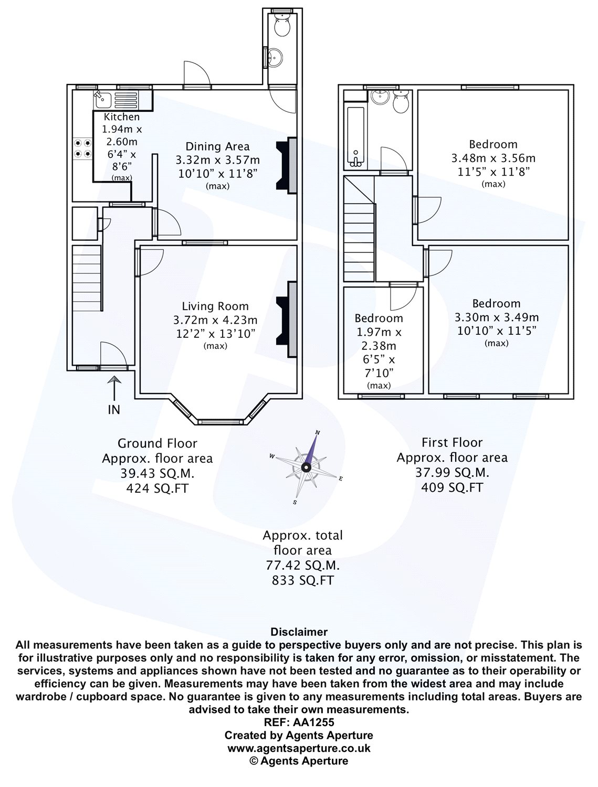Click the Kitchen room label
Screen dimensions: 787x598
pyautogui.click(x=122, y=117)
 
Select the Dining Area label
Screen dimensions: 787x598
pyautogui.click(x=217, y=146)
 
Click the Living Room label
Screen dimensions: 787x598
pyautogui.click(x=215, y=306)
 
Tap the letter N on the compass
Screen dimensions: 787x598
pyautogui.click(x=317, y=433)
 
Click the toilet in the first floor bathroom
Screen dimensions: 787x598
pyautogui.click(x=402, y=101)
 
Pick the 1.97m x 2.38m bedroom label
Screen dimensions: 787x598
pyautogui.click(x=379, y=318)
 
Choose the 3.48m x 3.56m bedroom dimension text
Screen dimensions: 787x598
pyautogui.click(x=493, y=158)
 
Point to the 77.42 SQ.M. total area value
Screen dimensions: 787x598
pyautogui.click(x=302, y=566)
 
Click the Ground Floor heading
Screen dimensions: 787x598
pyautogui.click(x=157, y=444)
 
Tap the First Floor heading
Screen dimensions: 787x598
pyautogui.click(x=452, y=442)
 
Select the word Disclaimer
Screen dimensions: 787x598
pyautogui.click(x=299, y=632)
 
